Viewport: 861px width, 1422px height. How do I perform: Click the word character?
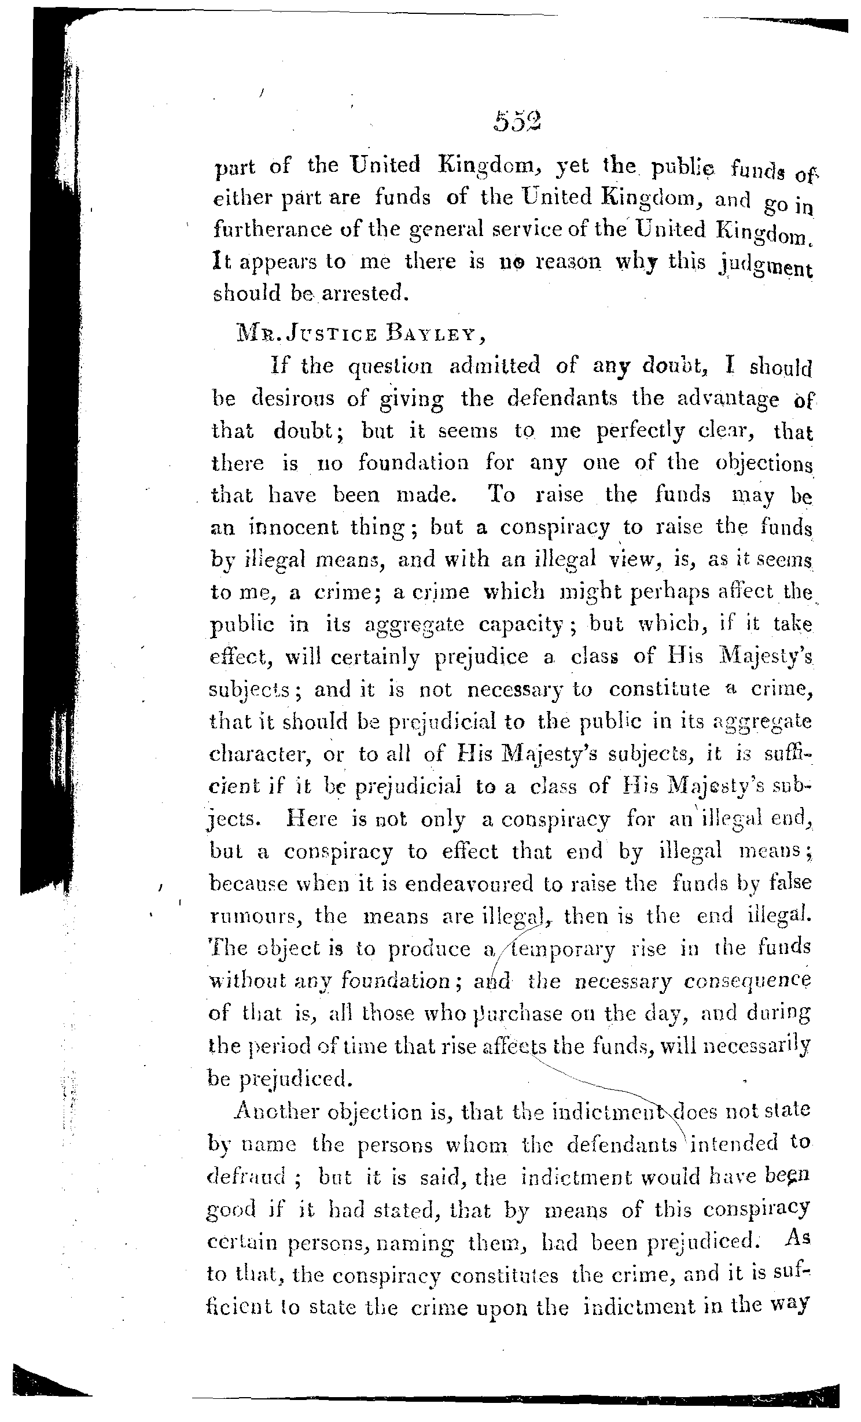click(256, 754)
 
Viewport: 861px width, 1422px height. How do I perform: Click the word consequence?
click(748, 982)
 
